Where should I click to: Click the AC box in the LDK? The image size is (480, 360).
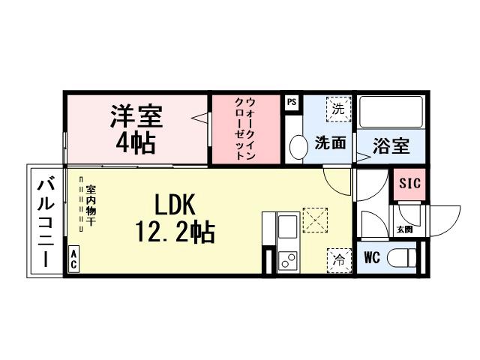click(74, 259)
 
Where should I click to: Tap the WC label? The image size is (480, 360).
click(372, 258)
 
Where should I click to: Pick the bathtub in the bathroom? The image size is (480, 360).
click(391, 112)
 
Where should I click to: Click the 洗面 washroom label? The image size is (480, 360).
click(329, 142)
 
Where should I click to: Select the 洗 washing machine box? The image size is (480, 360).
click(338, 108)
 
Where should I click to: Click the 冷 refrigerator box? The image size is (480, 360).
click(339, 260)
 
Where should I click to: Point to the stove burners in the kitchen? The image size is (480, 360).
click(288, 260)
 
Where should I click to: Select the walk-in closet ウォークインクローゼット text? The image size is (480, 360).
click(244, 129)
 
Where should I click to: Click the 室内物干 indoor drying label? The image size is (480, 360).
click(90, 206)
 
